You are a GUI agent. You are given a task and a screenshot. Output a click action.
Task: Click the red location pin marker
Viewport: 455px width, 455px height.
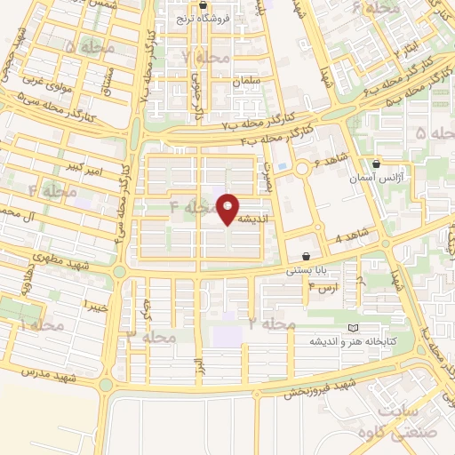228,209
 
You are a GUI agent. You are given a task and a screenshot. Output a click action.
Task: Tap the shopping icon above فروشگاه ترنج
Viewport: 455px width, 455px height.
204,5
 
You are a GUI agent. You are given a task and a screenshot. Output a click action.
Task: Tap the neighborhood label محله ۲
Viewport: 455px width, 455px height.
271,324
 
